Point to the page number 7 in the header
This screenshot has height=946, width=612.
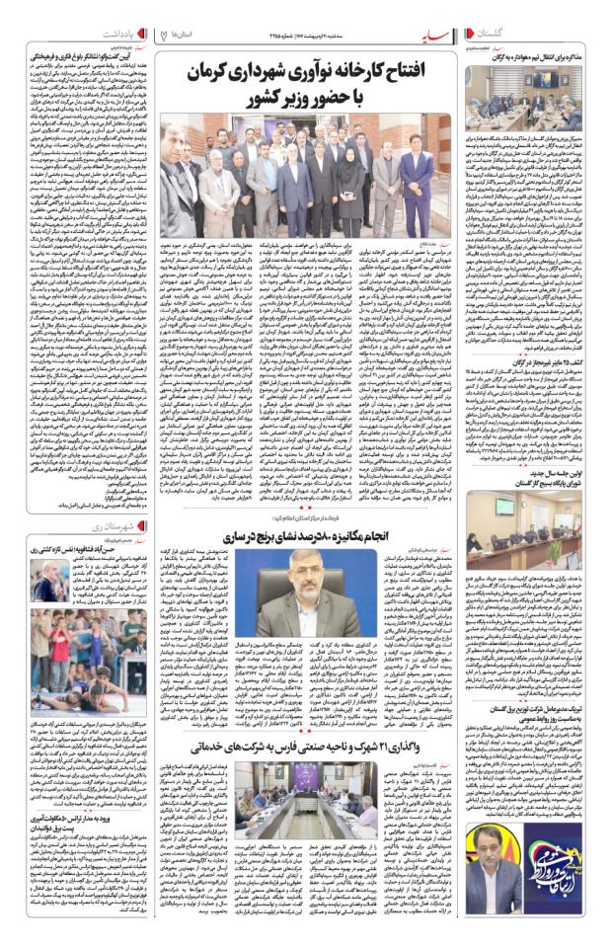point(163,35)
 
